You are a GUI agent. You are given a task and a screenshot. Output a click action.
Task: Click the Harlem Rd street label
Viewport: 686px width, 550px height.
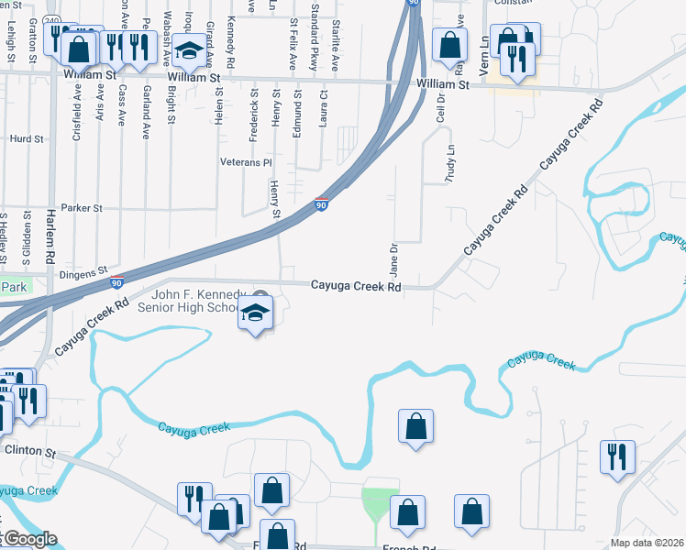point(50,239)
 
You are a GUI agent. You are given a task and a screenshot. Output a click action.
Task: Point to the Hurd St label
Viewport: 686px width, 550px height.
point(27,139)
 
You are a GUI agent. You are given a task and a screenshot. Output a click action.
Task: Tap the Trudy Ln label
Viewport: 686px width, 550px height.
point(449,165)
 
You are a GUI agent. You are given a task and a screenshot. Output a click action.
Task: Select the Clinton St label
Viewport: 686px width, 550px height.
point(30,453)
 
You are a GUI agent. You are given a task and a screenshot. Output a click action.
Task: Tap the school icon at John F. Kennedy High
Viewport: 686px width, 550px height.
point(256,314)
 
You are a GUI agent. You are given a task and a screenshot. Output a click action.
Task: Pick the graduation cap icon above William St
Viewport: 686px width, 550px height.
point(190,52)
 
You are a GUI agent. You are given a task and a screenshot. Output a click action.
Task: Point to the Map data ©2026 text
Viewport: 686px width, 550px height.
point(647,543)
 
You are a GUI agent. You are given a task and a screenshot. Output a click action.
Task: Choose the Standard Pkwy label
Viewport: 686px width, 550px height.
point(315,37)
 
